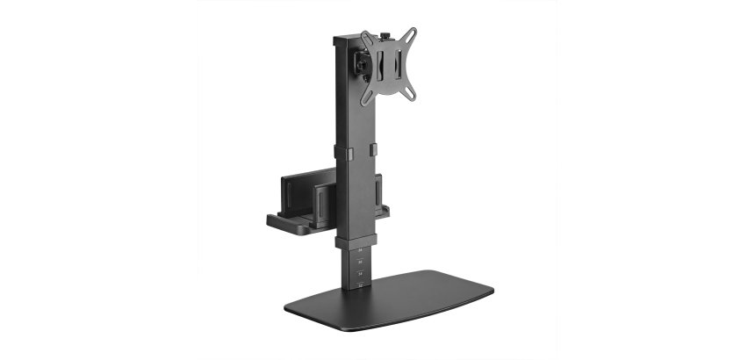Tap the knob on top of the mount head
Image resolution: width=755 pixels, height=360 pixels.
pyautogui.click(x=385, y=38)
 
